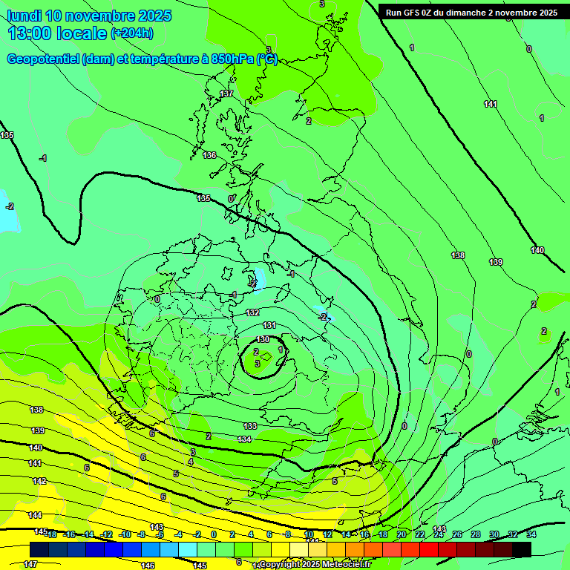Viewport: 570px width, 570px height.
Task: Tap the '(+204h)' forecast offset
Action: [132, 33]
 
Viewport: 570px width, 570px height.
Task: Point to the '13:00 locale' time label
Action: [58, 33]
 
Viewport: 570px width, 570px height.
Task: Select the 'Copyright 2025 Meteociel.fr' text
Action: [315, 565]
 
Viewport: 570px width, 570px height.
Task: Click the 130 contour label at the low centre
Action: [263, 339]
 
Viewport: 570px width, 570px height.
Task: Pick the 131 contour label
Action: [270, 325]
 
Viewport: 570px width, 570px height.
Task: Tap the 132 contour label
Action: [253, 312]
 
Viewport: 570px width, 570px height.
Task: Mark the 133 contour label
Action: [250, 426]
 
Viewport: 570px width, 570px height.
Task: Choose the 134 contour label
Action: [244, 439]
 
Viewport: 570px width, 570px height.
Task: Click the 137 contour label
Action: [226, 94]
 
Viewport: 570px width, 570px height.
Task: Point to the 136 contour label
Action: [209, 155]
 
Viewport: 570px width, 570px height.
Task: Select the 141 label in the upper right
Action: [491, 104]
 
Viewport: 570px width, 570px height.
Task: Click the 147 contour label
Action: [30, 564]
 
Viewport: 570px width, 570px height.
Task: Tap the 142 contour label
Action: [39, 481]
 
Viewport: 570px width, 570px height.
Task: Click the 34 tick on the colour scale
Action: [531, 534]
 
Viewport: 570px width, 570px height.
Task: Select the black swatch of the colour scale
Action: [522, 549]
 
